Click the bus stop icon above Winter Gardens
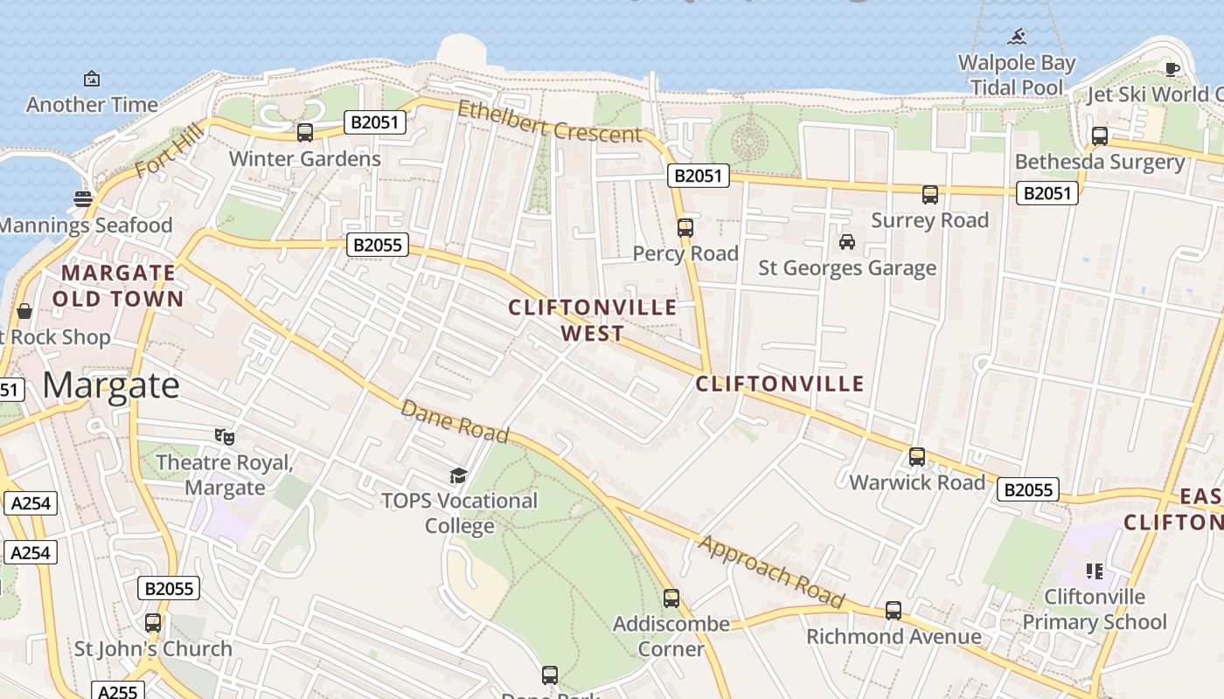(x=305, y=133)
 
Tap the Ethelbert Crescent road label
(x=549, y=122)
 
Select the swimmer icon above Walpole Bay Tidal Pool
(x=1017, y=37)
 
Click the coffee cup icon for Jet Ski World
(x=1172, y=70)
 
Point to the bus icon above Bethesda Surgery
(x=1100, y=136)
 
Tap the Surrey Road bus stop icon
(x=930, y=195)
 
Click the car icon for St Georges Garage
(x=846, y=242)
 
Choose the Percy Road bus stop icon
(x=685, y=228)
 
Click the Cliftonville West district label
(x=592, y=320)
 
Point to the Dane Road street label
(x=455, y=421)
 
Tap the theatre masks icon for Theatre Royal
(x=225, y=436)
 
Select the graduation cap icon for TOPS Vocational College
(x=459, y=475)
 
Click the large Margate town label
(x=111, y=385)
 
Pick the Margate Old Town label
(x=118, y=286)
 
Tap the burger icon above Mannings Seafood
(x=83, y=199)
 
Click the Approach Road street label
(x=771, y=571)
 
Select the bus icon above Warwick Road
(x=917, y=457)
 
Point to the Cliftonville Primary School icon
(x=1094, y=571)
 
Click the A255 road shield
(x=117, y=691)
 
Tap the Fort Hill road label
(x=170, y=150)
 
